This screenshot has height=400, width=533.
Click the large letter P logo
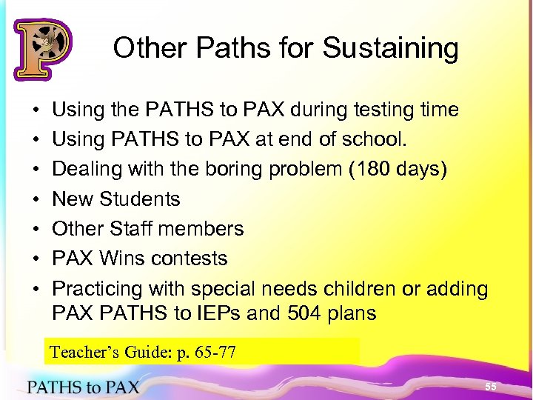(x=41, y=49)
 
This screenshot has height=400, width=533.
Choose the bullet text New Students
(x=115, y=199)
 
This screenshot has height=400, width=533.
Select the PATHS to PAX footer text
(x=83, y=387)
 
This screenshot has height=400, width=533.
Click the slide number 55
(x=491, y=387)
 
